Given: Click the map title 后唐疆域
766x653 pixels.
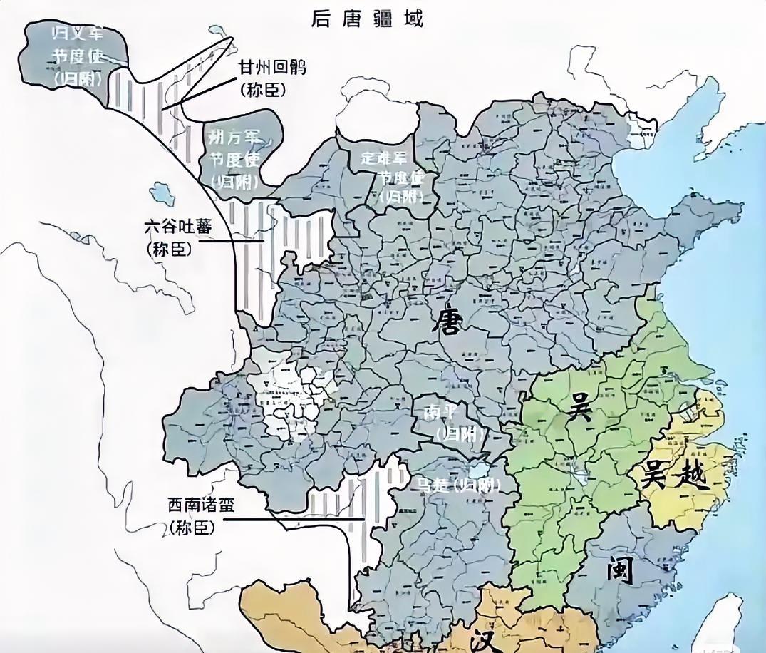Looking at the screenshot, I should pos(367,18).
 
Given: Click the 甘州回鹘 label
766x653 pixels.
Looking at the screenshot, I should pos(274,68).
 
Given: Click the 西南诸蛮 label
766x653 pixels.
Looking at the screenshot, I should pos(201,505).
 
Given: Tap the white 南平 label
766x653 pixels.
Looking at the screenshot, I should pos(434,413).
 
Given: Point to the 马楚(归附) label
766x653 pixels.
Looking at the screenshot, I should pos(457,485).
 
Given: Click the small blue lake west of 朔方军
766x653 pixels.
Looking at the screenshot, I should pos(162,193).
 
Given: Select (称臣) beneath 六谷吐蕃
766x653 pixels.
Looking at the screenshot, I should pos(170,250).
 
